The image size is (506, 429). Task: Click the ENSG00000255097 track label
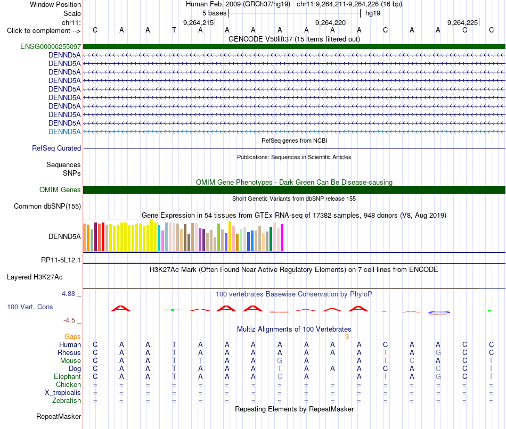[x=51, y=46]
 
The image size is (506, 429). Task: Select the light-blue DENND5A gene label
[x=64, y=131]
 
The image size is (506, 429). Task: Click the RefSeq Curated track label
[x=56, y=148]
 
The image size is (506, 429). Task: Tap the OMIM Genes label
[x=60, y=189]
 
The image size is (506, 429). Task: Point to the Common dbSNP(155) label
[x=47, y=206]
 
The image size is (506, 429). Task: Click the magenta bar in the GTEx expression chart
[x=282, y=238]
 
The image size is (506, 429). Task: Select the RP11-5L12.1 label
[x=61, y=260]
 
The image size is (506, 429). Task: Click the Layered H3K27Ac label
[x=35, y=277]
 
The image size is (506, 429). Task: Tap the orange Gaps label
[x=72, y=337]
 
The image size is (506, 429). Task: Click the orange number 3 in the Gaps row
[x=347, y=337]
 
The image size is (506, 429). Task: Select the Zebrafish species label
[x=67, y=401]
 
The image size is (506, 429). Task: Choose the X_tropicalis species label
[x=63, y=393]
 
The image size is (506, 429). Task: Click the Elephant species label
[x=68, y=376]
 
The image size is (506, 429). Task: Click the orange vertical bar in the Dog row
[x=347, y=368]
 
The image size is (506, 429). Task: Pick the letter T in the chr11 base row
[x=174, y=30]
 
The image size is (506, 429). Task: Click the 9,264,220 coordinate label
[x=330, y=22]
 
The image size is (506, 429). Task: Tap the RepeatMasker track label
[x=59, y=416]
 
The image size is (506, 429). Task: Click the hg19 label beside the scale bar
[x=373, y=13]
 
